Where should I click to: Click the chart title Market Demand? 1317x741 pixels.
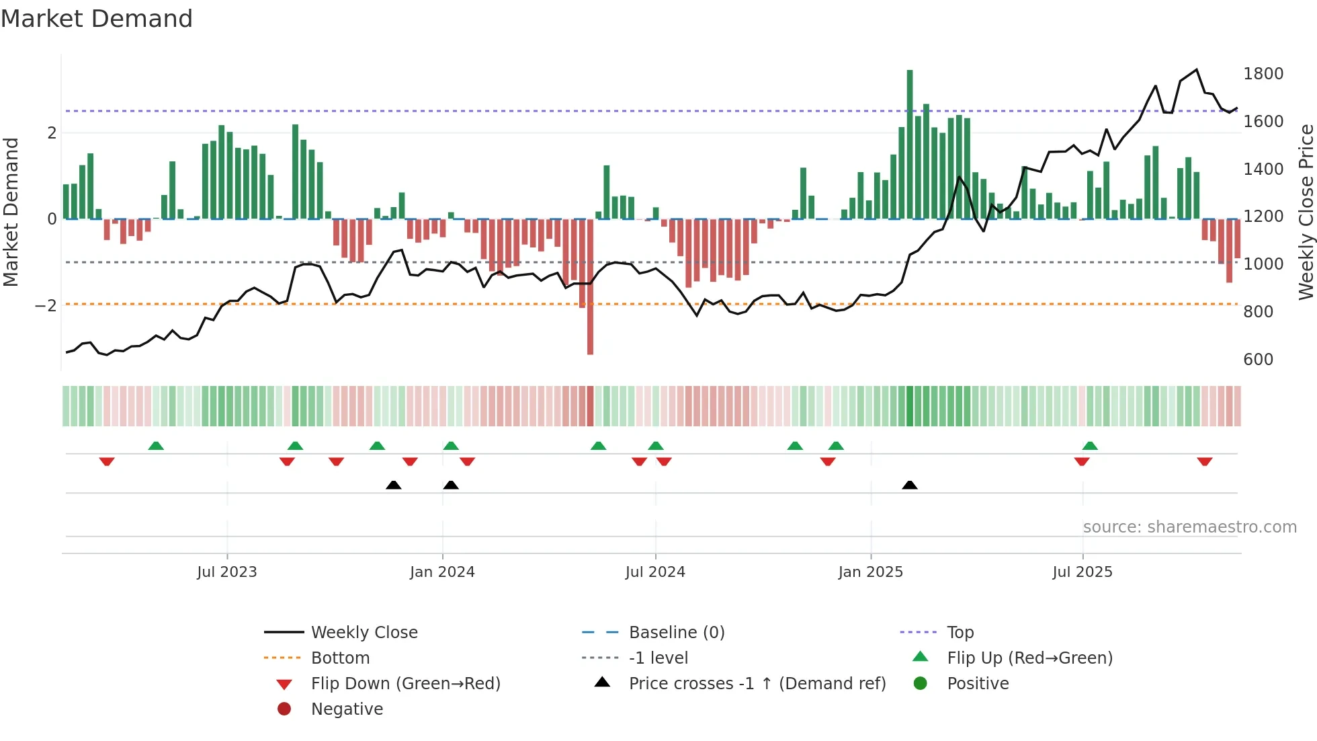pos(97,19)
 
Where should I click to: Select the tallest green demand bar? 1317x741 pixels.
pos(910,145)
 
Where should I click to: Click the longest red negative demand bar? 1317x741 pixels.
pos(590,286)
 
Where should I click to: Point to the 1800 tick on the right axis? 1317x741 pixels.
pos(1263,74)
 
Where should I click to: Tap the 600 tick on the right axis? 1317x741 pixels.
pos(1258,360)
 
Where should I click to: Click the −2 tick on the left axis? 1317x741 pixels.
pos(46,306)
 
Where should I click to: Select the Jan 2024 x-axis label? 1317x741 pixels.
pos(442,572)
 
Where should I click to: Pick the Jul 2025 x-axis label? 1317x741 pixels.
pos(1082,572)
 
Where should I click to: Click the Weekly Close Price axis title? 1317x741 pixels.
pos(1306,212)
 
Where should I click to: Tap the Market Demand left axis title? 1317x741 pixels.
pos(11,212)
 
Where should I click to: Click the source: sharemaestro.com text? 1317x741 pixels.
pos(1189,527)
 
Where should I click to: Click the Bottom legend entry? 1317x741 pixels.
pos(340,658)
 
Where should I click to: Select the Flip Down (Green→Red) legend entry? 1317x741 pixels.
pos(405,684)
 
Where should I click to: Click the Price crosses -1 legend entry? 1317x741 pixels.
pos(757,684)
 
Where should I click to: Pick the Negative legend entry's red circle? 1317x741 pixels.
pos(284,709)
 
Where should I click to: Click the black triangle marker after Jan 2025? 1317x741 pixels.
pos(910,485)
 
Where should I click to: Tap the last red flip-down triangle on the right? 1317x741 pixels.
pos(1204,461)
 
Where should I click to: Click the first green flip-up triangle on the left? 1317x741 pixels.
pos(156,446)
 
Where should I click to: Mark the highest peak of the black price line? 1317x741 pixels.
pos(1196,70)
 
